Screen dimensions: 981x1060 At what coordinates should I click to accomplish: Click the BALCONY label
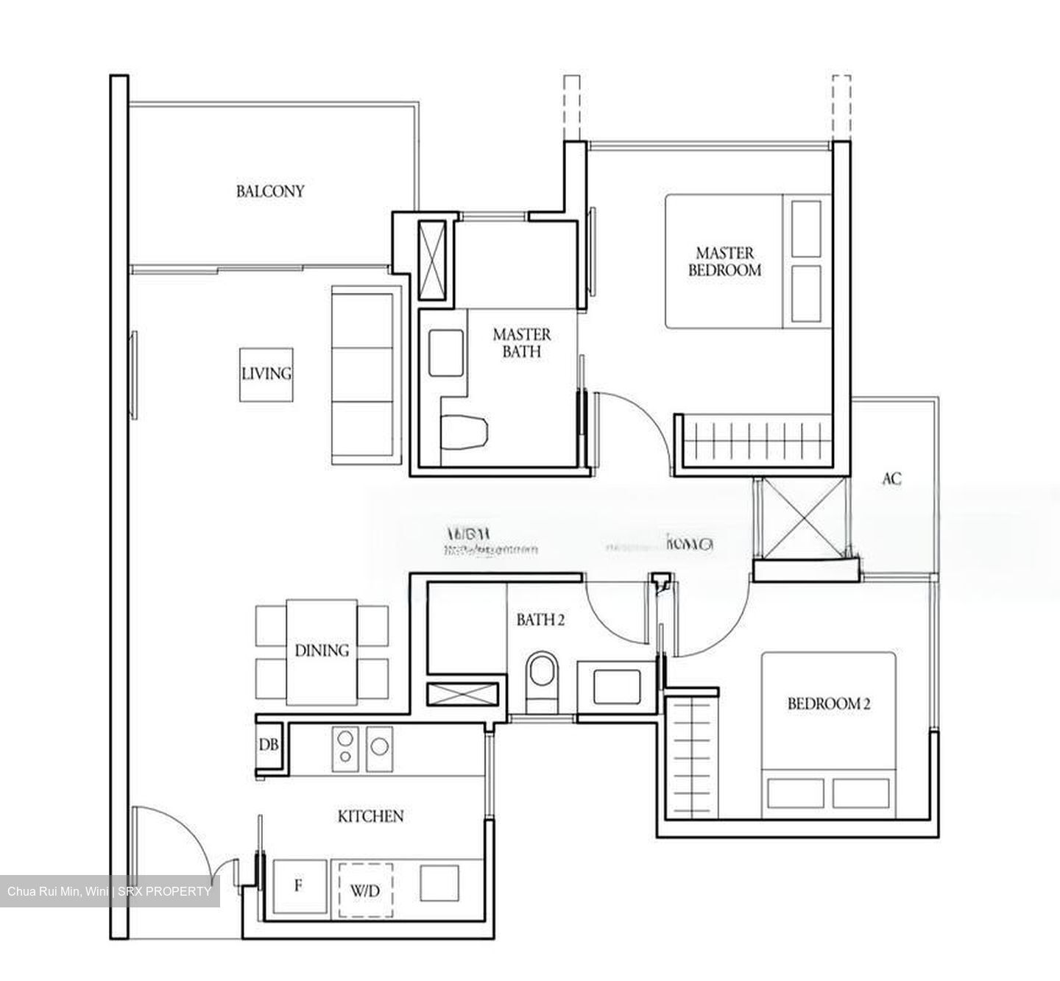[269, 191]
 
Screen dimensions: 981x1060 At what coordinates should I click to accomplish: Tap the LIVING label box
[266, 374]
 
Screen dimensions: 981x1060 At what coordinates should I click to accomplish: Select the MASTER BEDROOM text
[724, 262]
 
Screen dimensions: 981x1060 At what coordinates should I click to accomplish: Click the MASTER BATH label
[521, 343]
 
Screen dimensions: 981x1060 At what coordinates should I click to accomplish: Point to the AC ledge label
[891, 479]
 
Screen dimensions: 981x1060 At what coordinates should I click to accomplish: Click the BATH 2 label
[540, 620]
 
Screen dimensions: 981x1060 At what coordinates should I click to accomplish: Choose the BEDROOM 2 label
[828, 704]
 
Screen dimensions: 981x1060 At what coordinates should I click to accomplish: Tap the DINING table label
[322, 651]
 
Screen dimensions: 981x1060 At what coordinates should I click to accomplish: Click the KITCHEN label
[370, 816]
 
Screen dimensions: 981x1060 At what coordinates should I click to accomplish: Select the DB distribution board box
[269, 746]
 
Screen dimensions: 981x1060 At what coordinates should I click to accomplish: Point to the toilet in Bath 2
[543, 673]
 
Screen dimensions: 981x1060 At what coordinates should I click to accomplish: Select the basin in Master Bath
[446, 352]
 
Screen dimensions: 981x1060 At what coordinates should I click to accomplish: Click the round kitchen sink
[379, 746]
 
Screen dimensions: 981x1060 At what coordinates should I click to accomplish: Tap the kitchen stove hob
[344, 746]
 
